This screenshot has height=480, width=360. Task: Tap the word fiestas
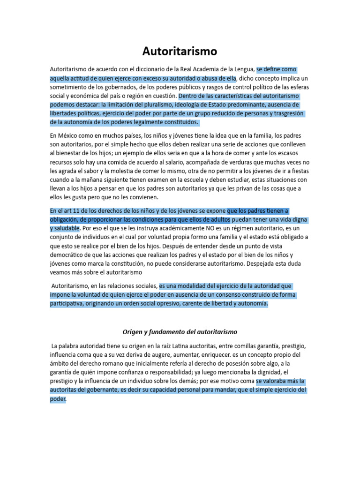coord(298,171)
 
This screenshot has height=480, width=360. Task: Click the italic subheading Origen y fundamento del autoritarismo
coord(180,332)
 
